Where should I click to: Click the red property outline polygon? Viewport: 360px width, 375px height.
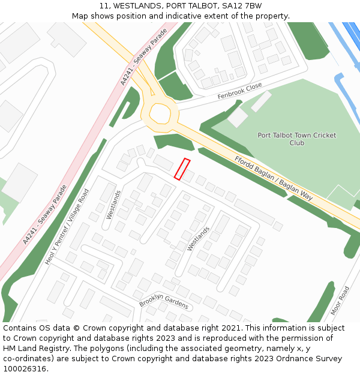182,169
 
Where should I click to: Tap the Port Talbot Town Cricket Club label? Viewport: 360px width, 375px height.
296,139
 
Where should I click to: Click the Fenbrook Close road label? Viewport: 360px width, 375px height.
239,91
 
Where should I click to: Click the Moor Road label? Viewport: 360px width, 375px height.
340,301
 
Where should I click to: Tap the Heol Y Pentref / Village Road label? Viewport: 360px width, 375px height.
67,227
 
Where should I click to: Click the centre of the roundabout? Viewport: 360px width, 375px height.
160,112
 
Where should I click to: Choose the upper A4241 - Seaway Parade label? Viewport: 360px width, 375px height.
143,56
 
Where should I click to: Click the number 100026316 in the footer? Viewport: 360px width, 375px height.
23,368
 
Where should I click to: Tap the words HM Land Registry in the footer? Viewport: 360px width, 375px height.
31,348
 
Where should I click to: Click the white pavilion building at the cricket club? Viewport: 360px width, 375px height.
238,116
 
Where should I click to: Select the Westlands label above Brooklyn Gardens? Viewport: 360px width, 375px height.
198,238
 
